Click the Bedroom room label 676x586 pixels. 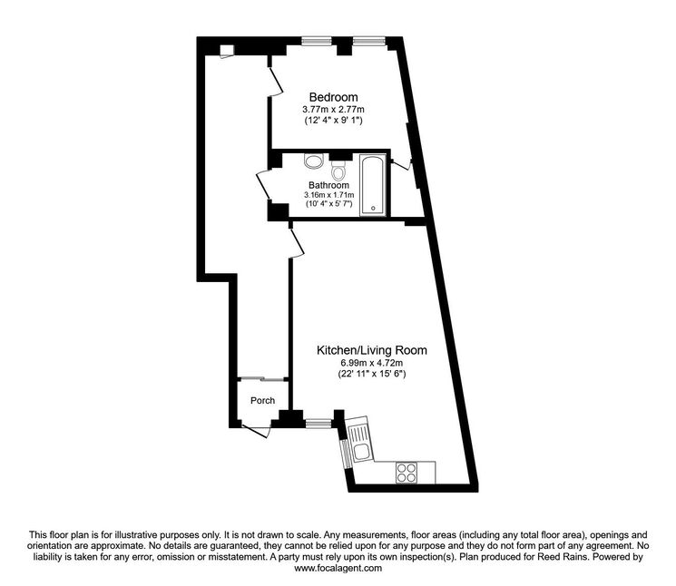click(333, 97)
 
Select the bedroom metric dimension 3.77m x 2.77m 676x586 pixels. click(333, 110)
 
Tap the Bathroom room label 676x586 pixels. click(328, 184)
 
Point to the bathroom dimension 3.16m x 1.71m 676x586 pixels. click(328, 194)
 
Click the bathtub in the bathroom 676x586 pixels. click(373, 187)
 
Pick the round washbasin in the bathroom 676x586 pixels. click(313, 161)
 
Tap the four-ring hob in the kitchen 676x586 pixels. click(406, 472)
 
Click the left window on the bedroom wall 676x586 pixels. click(317, 40)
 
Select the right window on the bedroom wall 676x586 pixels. click(367, 40)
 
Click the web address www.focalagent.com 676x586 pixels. click(338, 569)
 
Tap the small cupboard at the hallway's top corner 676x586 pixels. click(227, 50)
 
